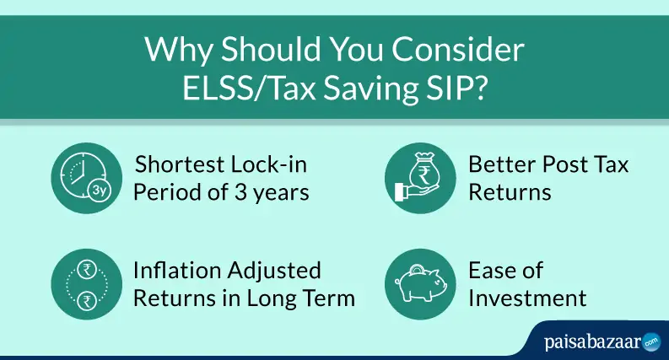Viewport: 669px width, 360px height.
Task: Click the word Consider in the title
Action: [457, 50]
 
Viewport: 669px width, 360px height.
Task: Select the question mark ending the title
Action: [478, 88]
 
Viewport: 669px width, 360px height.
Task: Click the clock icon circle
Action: [87, 178]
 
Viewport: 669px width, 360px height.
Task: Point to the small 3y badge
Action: [100, 191]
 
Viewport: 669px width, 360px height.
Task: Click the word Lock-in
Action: [269, 164]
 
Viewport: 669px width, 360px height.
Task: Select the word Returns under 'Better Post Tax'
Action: [510, 192]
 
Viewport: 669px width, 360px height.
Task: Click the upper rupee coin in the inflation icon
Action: [87, 269]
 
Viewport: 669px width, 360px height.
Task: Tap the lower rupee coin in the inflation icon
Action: [87, 300]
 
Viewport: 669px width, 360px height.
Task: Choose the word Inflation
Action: [178, 271]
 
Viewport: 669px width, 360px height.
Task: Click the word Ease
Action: [505, 271]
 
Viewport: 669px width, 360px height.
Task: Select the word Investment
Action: [527, 298]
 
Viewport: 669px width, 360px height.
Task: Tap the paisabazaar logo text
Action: [593, 342]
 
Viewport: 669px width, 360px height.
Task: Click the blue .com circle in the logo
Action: [651, 341]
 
